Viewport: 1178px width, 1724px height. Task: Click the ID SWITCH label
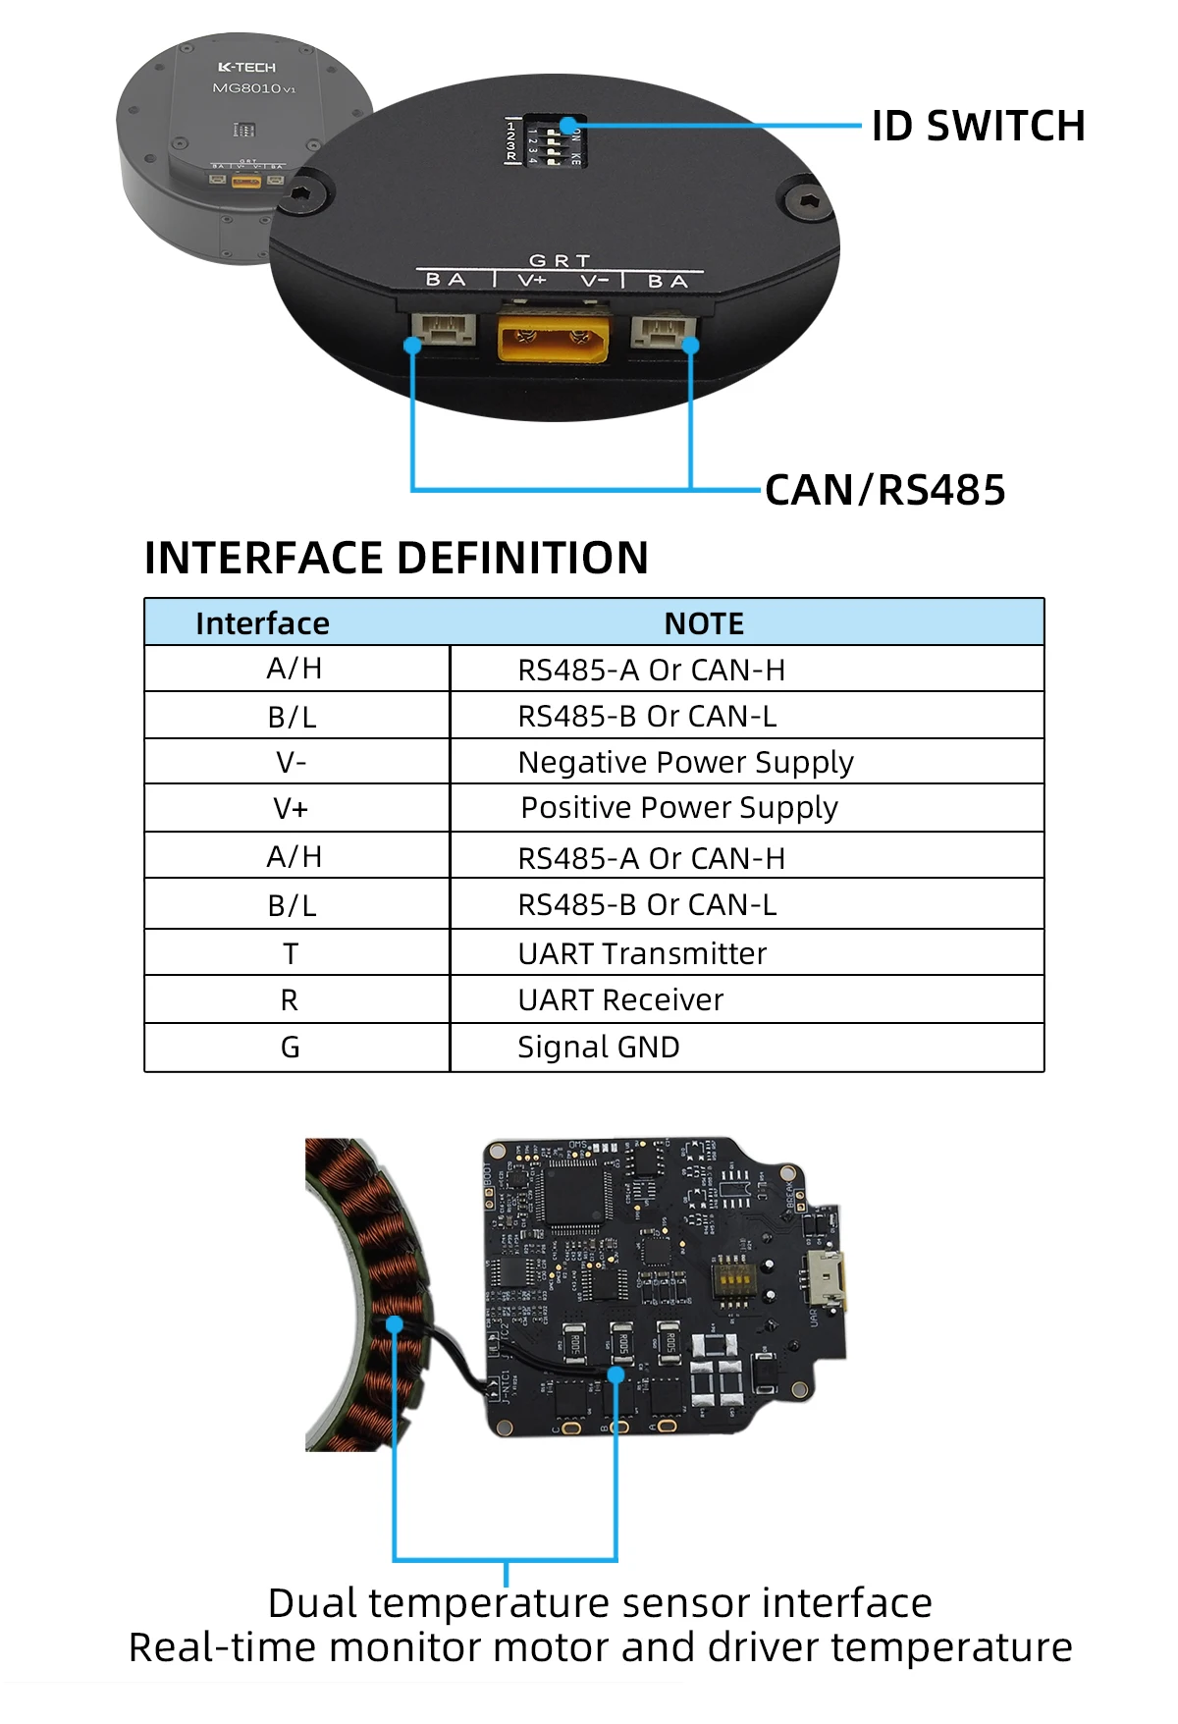978,126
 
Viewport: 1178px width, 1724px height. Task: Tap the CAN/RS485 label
884,490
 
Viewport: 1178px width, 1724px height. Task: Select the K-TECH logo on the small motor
246,67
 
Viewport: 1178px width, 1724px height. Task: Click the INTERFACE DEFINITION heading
396,558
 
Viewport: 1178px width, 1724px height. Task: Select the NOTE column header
704,623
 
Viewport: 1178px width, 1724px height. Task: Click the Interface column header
262,623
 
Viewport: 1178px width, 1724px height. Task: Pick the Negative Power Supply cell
685,762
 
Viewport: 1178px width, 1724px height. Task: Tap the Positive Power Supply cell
678,808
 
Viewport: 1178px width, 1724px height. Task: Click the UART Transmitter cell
642,953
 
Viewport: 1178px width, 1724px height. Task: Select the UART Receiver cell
620,999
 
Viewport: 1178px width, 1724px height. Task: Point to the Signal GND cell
598,1047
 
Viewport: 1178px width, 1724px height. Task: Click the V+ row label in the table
291,809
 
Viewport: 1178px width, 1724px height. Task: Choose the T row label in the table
291,953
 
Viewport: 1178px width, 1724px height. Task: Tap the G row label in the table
291,1047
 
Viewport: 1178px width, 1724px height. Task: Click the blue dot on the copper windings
395,1324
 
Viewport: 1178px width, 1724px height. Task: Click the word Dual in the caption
312,1603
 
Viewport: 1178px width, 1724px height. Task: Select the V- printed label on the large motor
594,282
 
